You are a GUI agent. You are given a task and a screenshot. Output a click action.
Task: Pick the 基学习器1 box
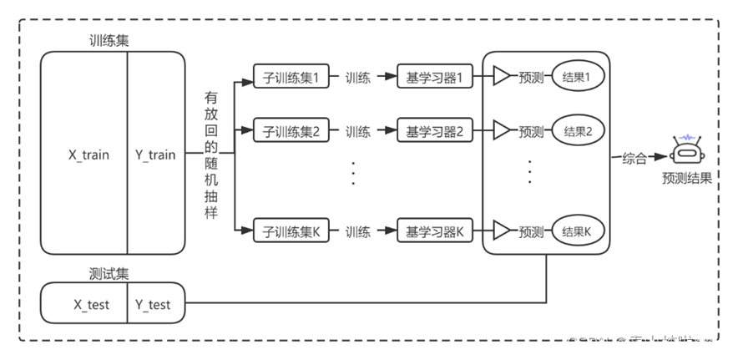tap(439, 78)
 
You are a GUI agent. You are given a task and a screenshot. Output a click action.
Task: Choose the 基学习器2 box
tap(439, 131)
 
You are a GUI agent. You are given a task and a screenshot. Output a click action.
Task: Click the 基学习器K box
tap(439, 231)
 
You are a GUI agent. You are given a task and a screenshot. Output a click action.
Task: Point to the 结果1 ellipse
tap(577, 77)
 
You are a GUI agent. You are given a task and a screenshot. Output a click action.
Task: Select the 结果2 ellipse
tap(577, 131)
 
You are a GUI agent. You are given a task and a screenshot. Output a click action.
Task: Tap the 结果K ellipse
tap(577, 231)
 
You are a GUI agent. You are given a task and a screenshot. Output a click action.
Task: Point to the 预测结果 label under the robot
tap(686, 178)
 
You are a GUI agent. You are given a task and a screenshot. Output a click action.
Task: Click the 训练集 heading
tap(109, 41)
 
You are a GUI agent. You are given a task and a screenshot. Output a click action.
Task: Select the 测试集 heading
tap(109, 273)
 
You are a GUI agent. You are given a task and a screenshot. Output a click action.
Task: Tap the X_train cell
tap(88, 155)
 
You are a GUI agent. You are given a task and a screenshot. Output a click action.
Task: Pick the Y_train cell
tap(155, 155)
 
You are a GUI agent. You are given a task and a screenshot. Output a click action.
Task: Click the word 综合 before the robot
tap(634, 159)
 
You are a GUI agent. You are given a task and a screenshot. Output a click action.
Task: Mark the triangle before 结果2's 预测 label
tap(501, 131)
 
